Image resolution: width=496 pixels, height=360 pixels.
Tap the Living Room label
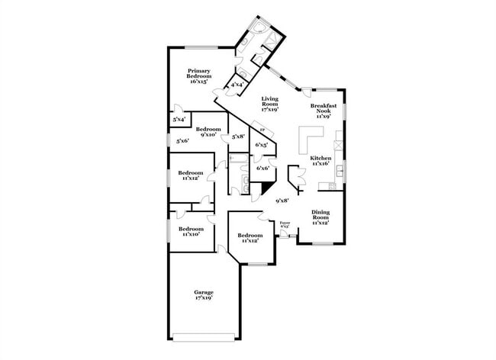[x=269, y=103]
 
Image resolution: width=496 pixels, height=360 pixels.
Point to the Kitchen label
[x=320, y=160]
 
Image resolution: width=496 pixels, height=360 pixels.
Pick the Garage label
[x=203, y=295]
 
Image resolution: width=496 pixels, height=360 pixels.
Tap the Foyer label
[x=285, y=225]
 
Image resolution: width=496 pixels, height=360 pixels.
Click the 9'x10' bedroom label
[x=208, y=132]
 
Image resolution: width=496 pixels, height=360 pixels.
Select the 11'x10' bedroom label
[x=191, y=232]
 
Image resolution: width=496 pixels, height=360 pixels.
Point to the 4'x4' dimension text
[x=237, y=85]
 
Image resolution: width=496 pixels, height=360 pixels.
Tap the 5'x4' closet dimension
[x=179, y=119]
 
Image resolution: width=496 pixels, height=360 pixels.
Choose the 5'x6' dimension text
[x=183, y=141]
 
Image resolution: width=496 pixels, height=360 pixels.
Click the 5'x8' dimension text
[x=238, y=136]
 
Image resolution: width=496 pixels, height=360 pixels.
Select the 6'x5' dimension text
[x=261, y=144]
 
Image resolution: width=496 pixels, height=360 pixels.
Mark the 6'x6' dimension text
[x=262, y=168]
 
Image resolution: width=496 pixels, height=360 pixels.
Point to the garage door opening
[x=203, y=336]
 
